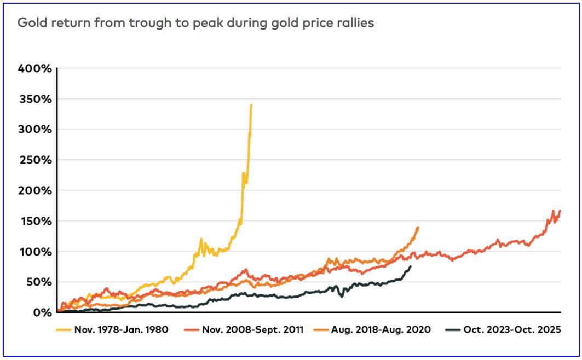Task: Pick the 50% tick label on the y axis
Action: pyautogui.click(x=39, y=282)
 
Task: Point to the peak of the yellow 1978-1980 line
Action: pyautogui.click(x=251, y=105)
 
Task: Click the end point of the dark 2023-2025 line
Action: pyautogui.click(x=411, y=266)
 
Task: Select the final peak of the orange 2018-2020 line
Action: pyautogui.click(x=418, y=227)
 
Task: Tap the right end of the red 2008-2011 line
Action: pyautogui.click(x=560, y=211)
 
